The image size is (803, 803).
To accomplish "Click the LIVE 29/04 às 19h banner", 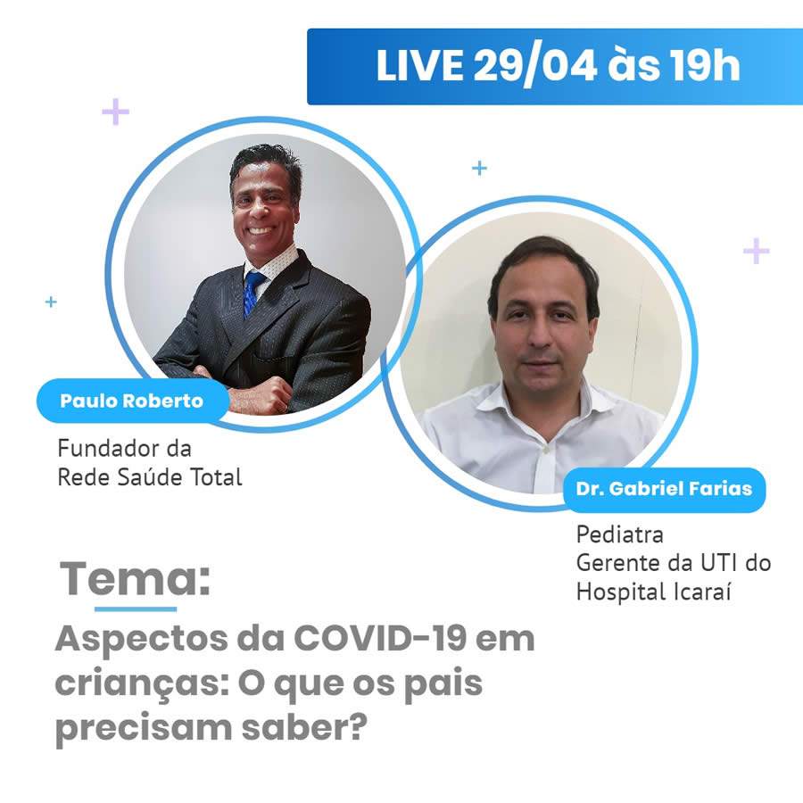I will point(555,66).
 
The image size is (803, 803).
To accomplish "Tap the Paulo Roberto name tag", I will point(131,401).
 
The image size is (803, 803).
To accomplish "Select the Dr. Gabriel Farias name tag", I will point(664,489).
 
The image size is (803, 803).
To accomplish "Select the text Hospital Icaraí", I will point(642,591).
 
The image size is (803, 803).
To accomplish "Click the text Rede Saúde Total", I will point(150,476).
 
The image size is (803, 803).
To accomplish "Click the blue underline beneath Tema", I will point(136,608).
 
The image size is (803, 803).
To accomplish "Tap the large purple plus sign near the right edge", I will point(756,251).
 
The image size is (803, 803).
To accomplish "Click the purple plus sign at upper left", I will point(115,112).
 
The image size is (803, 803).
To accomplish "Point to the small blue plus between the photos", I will point(480,168).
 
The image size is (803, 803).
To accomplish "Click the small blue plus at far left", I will point(51,302).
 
